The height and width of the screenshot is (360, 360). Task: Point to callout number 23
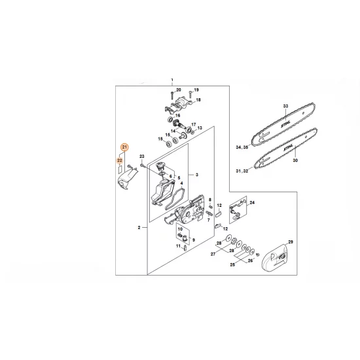click(x=141, y=156)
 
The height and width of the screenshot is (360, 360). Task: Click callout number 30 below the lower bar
click(x=295, y=160)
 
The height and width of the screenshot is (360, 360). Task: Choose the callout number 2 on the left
click(x=139, y=226)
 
